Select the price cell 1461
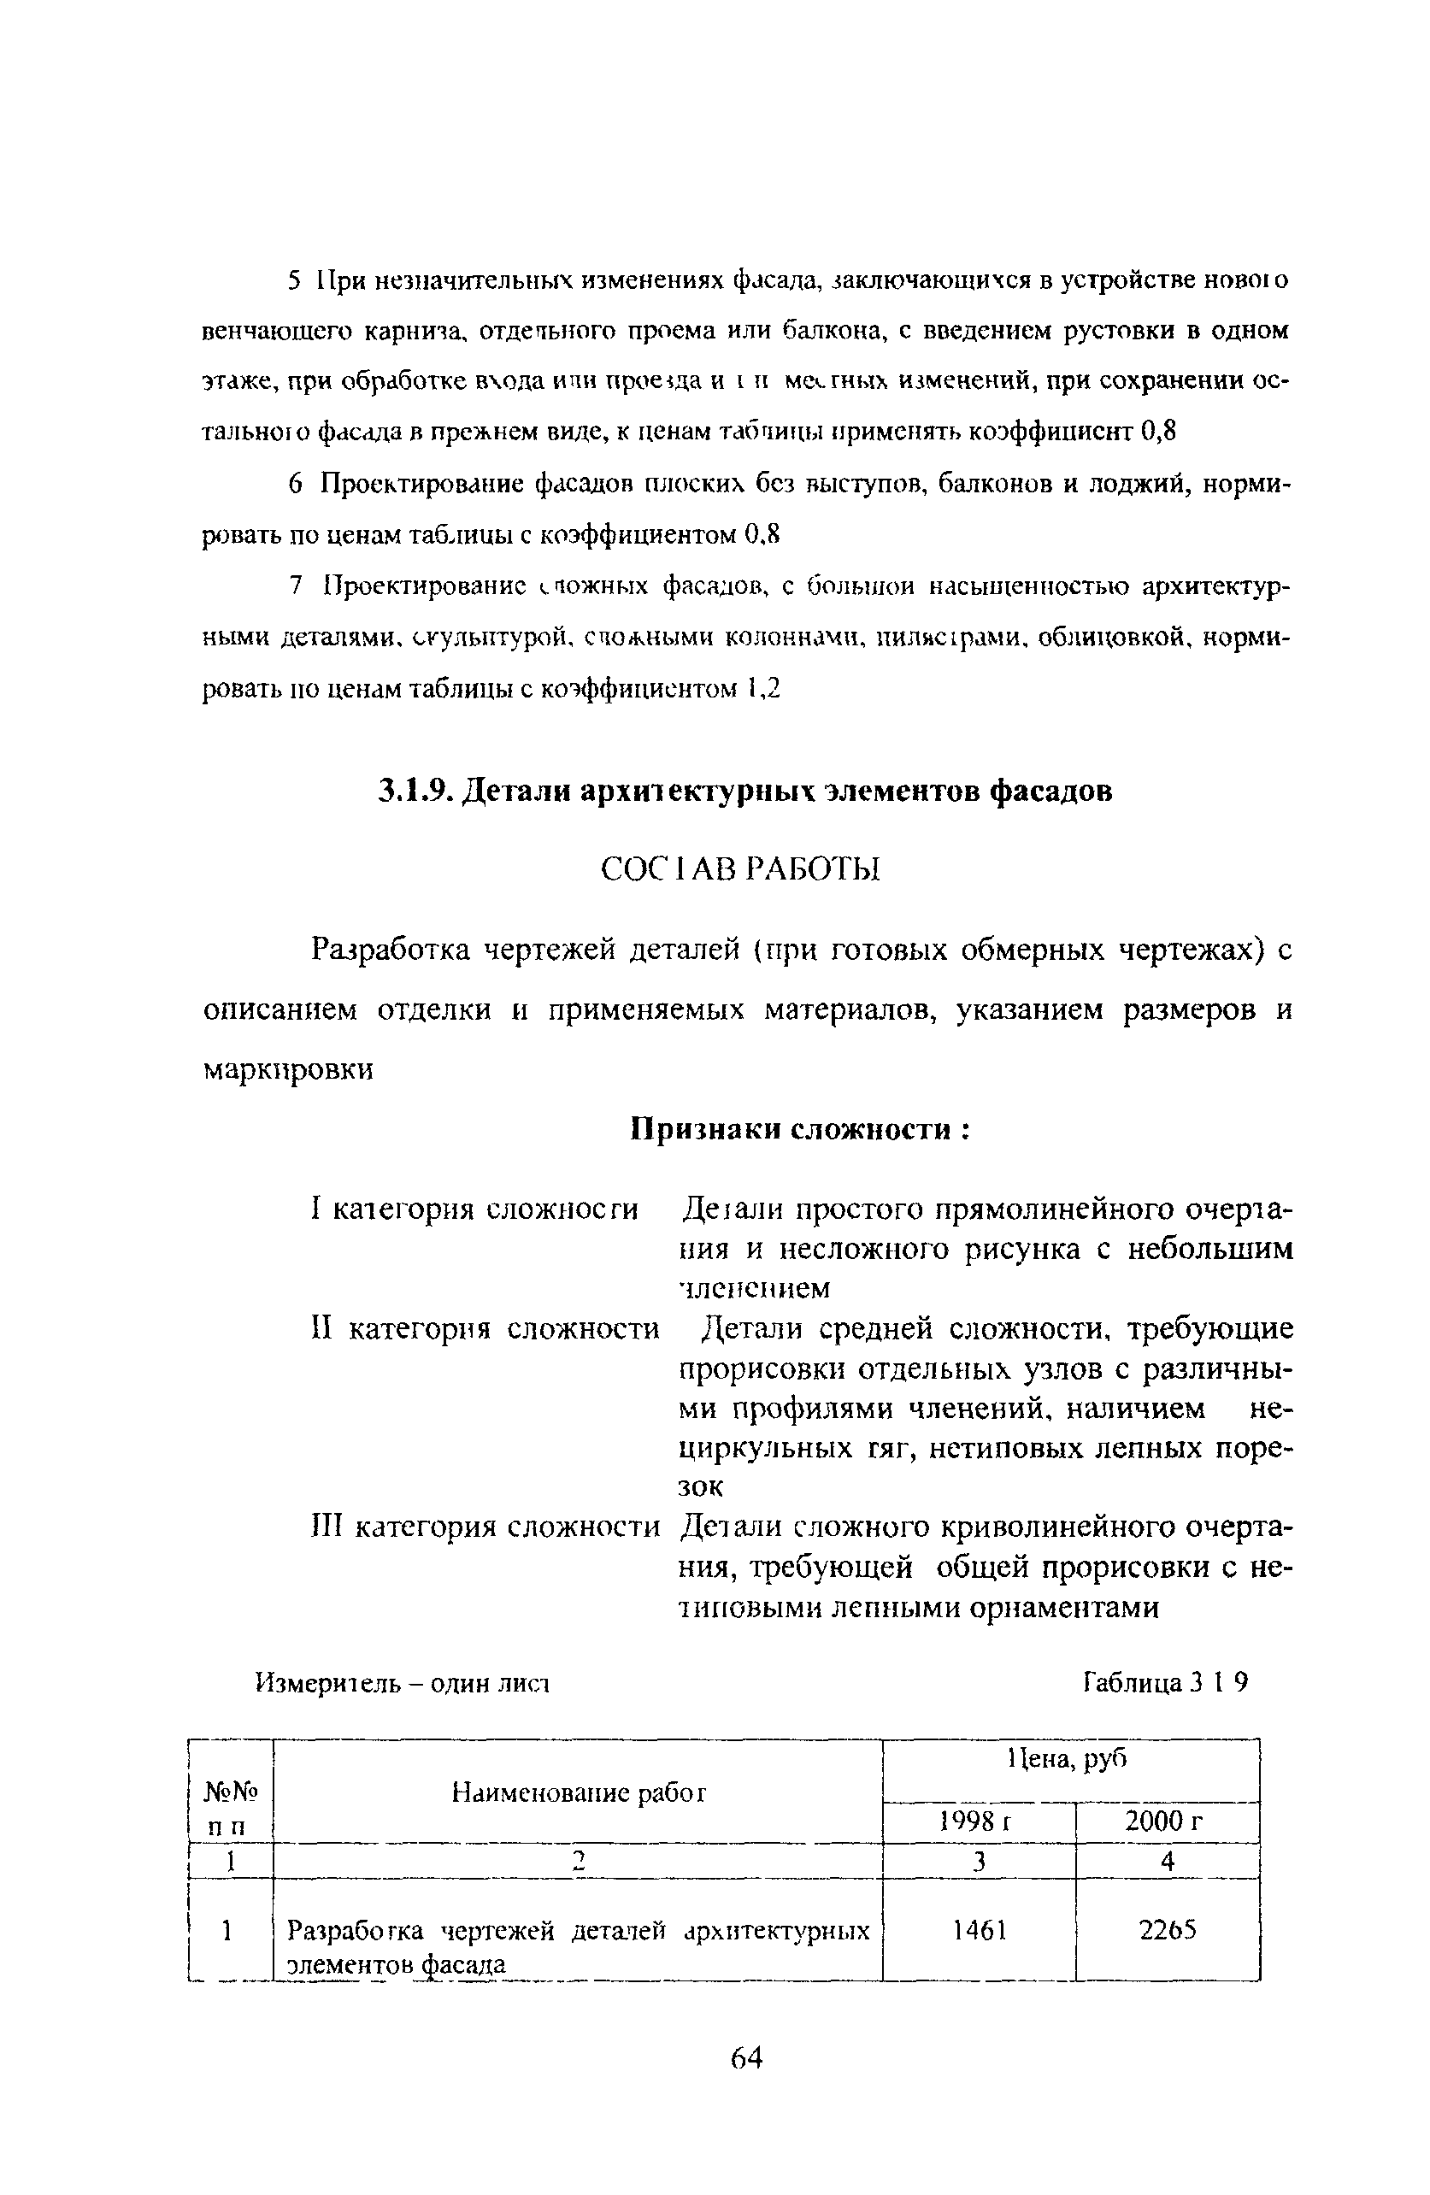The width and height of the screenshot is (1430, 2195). click(980, 1929)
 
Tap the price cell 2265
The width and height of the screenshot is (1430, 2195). click(1168, 1929)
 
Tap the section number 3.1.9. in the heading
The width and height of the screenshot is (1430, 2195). click(414, 791)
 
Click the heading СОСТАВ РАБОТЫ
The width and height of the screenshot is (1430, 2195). click(740, 868)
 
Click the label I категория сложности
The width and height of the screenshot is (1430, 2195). click(475, 1208)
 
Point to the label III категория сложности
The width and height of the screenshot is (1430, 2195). click(485, 1527)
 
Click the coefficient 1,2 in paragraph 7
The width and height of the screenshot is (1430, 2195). click(764, 688)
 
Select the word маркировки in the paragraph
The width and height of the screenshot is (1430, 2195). click(288, 1070)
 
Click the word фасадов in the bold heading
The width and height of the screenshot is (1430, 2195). click(1051, 791)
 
